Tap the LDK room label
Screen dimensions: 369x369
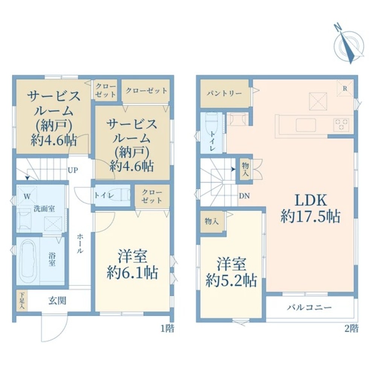311,200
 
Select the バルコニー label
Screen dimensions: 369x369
310,307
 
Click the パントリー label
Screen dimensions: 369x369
224,93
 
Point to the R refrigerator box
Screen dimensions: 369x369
345,88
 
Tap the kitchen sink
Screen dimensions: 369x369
306,125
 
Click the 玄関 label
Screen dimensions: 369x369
57,300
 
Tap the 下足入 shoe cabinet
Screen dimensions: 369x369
22,300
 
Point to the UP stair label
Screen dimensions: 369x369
73,170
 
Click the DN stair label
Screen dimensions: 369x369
244,196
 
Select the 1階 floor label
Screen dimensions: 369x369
167,328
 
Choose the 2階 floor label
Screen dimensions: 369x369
352,328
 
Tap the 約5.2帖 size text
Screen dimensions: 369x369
231,280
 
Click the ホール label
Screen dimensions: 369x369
80,243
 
